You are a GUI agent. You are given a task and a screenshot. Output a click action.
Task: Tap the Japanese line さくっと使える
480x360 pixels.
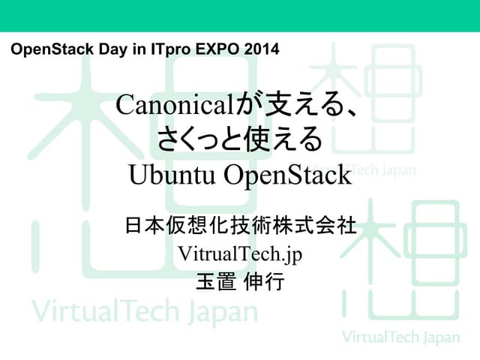tap(239, 140)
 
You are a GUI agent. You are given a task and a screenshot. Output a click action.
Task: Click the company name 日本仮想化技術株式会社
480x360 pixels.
tap(239, 225)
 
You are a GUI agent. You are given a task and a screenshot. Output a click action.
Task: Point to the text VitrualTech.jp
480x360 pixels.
tap(239, 253)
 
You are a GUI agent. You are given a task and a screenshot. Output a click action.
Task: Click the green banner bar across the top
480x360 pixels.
tap(240, 15)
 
